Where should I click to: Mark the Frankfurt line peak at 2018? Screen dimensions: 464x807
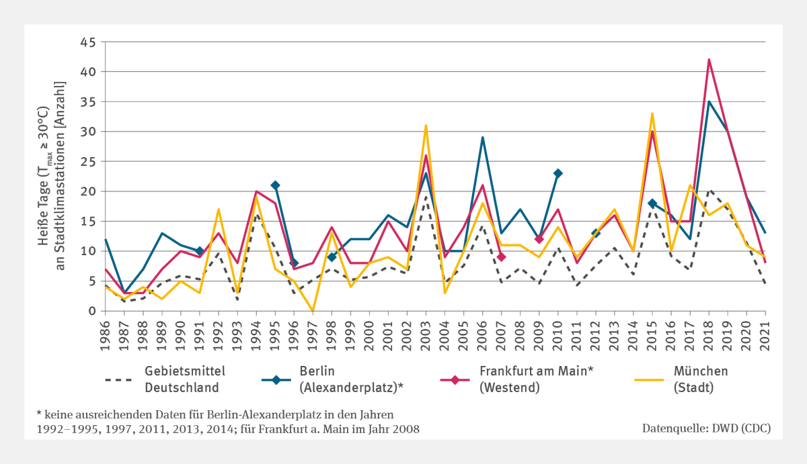click(x=709, y=60)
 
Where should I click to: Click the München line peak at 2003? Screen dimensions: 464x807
click(x=426, y=126)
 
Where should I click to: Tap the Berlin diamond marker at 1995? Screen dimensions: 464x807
click(x=275, y=185)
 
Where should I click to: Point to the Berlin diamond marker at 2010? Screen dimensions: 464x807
click(x=558, y=173)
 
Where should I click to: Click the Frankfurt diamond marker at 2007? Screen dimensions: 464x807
click(x=502, y=257)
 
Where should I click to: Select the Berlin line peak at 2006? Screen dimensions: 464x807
click(x=483, y=138)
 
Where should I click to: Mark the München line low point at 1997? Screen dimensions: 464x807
click(x=313, y=311)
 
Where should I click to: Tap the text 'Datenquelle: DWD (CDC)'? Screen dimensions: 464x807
click(x=706, y=428)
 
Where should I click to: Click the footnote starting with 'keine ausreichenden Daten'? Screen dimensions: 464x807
click(x=215, y=421)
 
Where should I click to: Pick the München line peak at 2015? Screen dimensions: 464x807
click(x=652, y=113)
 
